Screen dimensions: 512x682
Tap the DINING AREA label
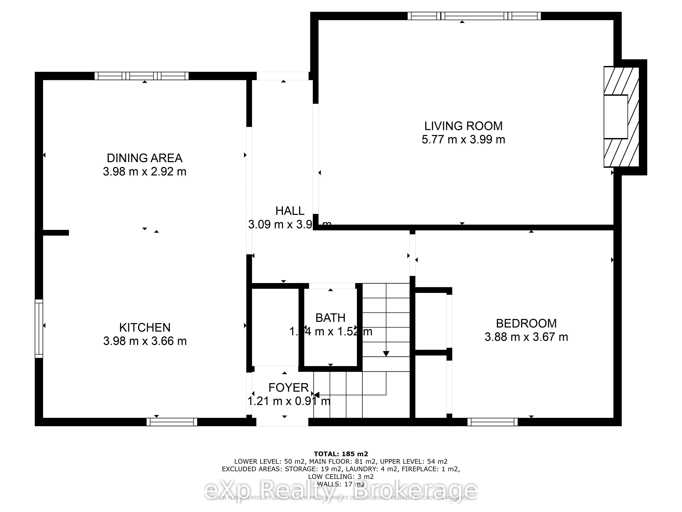point(145,158)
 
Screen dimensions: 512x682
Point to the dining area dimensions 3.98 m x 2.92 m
point(145,172)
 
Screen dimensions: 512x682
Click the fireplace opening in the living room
point(615,117)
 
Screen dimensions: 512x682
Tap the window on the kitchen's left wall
point(39,328)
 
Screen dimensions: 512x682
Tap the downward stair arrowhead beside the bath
point(386,354)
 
